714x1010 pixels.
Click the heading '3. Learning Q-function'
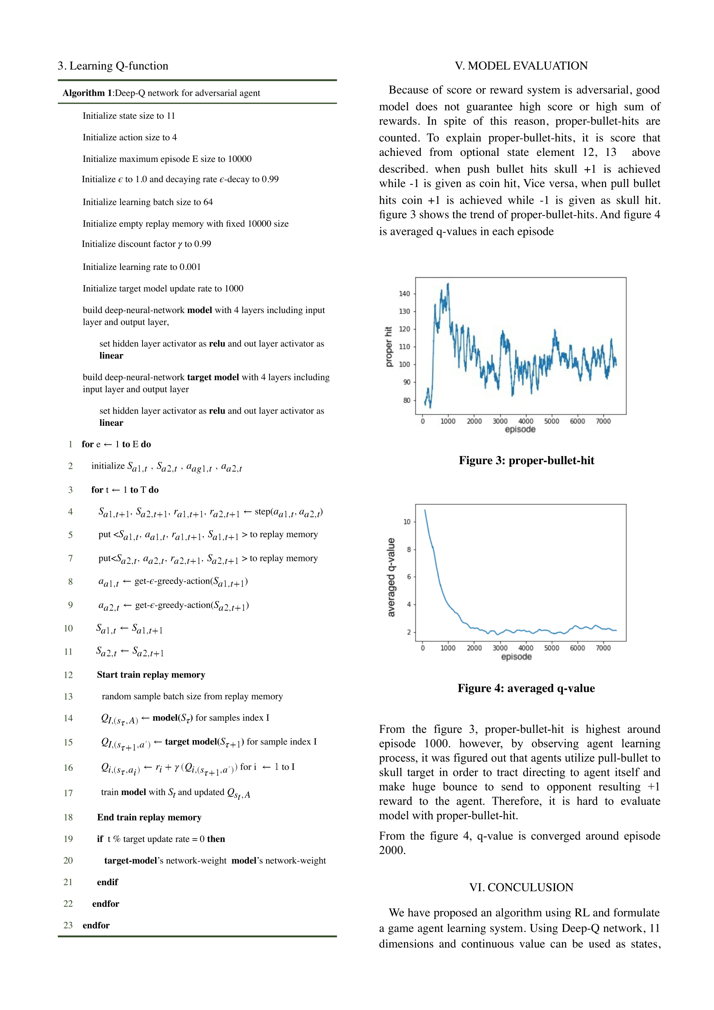tap(113, 66)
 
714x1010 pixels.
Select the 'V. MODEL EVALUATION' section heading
tap(521, 66)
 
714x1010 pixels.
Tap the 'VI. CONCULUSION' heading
tap(521, 887)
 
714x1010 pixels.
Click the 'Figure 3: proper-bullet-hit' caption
tap(526, 461)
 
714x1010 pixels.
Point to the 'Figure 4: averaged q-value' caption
tap(526, 688)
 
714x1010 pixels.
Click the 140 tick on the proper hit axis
tap(404, 294)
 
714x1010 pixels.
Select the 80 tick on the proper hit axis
tap(407, 400)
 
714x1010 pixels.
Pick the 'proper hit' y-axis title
tap(388, 347)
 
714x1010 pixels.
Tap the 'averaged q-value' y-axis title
tap(390, 577)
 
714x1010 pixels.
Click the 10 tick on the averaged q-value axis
tap(407, 522)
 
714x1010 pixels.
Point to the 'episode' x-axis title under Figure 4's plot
tap(517, 657)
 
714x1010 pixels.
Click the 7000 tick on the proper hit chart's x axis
tap(603, 421)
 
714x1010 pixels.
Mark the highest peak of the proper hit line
tap(448, 284)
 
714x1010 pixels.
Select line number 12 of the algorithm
tap(68, 675)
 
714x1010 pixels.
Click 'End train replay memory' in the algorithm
tap(149, 817)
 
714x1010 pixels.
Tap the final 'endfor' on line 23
tap(96, 925)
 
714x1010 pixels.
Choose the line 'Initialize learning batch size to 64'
tap(147, 203)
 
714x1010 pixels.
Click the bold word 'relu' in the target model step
tap(217, 411)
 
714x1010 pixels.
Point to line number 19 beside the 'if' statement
tap(68, 839)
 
